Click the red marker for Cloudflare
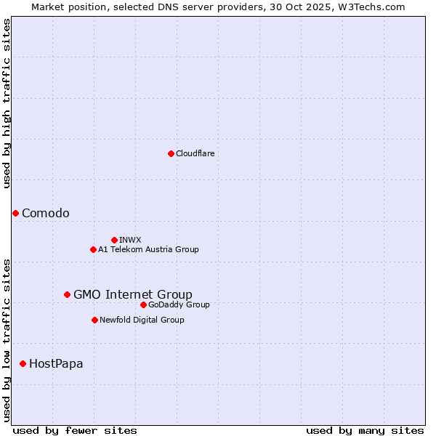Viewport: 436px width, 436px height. [171, 153]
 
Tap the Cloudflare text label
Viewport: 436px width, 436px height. [195, 153]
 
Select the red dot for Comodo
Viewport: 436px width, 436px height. [15, 213]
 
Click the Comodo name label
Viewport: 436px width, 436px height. [46, 213]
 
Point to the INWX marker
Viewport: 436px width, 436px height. [114, 240]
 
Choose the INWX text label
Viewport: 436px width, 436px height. [130, 240]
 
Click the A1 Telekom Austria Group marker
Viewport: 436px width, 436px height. [93, 249]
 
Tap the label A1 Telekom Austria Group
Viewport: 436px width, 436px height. [148, 249]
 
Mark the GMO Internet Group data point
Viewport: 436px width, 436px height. [67, 294]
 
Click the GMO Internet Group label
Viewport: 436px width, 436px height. [133, 294]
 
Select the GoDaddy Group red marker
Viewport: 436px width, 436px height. [143, 304]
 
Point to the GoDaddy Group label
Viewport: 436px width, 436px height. [179, 304]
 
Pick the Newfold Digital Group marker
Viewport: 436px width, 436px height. [94, 320]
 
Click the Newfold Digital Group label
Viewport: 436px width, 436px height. [142, 320]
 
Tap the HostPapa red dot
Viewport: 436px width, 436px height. [23, 363]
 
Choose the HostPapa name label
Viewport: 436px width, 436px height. [56, 363]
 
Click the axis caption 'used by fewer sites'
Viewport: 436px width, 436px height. [75, 430]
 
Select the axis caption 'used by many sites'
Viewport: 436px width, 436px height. [365, 430]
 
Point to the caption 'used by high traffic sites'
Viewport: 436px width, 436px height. [7, 103]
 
